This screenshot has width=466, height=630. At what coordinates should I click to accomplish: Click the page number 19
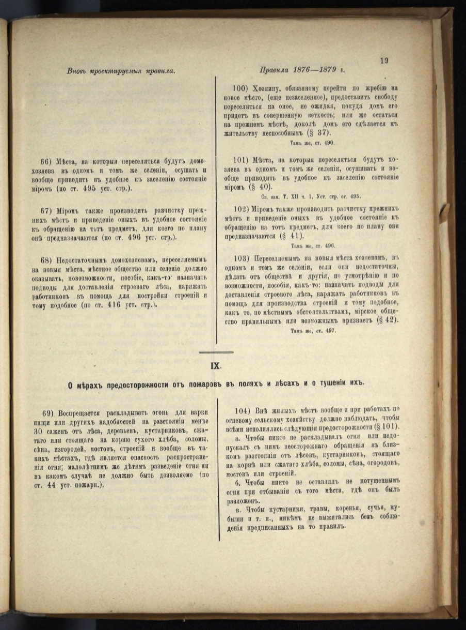(384, 60)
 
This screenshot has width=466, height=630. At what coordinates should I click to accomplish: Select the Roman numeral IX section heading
(215, 365)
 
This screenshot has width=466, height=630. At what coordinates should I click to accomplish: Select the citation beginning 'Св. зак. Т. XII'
(310, 196)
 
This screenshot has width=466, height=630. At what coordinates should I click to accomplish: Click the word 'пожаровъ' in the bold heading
(184, 383)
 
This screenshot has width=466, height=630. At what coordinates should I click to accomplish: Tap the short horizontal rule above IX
(216, 352)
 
